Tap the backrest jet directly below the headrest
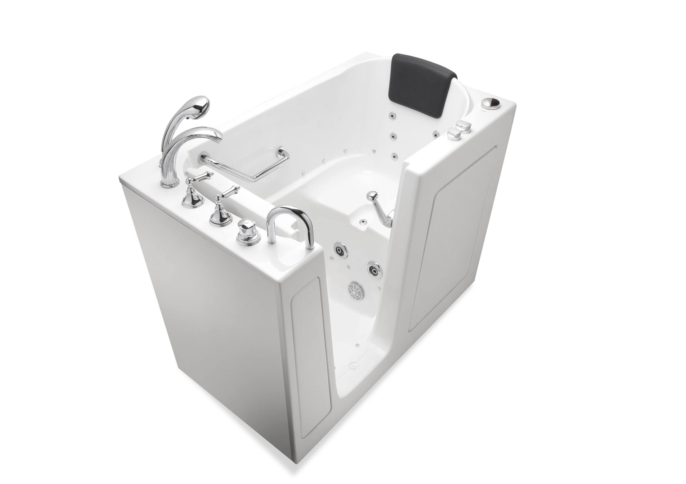[392, 115]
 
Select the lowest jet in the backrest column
[394, 156]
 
